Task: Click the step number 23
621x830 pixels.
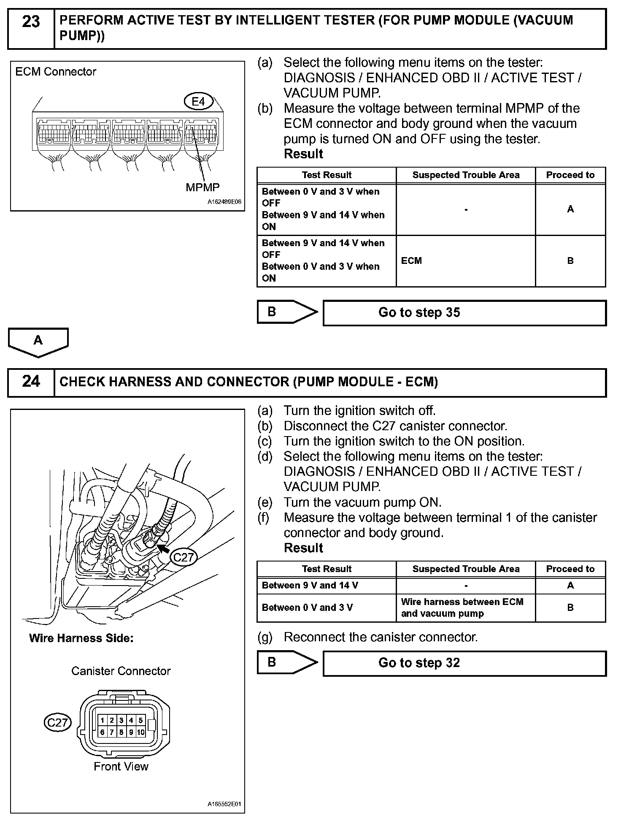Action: (x=31, y=22)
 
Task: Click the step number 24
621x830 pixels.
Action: (x=31, y=381)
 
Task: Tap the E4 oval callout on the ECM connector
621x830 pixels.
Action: (x=198, y=101)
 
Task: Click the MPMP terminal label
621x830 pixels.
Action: (x=202, y=187)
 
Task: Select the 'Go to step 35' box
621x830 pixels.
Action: (x=464, y=313)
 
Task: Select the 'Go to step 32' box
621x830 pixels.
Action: (x=464, y=663)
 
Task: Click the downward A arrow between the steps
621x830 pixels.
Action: (x=38, y=342)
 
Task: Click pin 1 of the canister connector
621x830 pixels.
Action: (x=103, y=720)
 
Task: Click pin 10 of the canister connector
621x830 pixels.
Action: (x=140, y=732)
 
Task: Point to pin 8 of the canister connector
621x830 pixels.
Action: (x=121, y=732)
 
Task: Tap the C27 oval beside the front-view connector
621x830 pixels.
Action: (x=57, y=722)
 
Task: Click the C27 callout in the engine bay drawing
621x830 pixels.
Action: (x=184, y=557)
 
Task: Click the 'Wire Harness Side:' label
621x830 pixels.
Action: (x=81, y=638)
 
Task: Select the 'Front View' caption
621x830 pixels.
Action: (x=121, y=766)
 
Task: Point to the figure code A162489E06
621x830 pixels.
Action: (x=224, y=202)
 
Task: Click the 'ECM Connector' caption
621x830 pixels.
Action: (x=56, y=72)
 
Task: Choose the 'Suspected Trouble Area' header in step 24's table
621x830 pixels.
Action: (x=466, y=569)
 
